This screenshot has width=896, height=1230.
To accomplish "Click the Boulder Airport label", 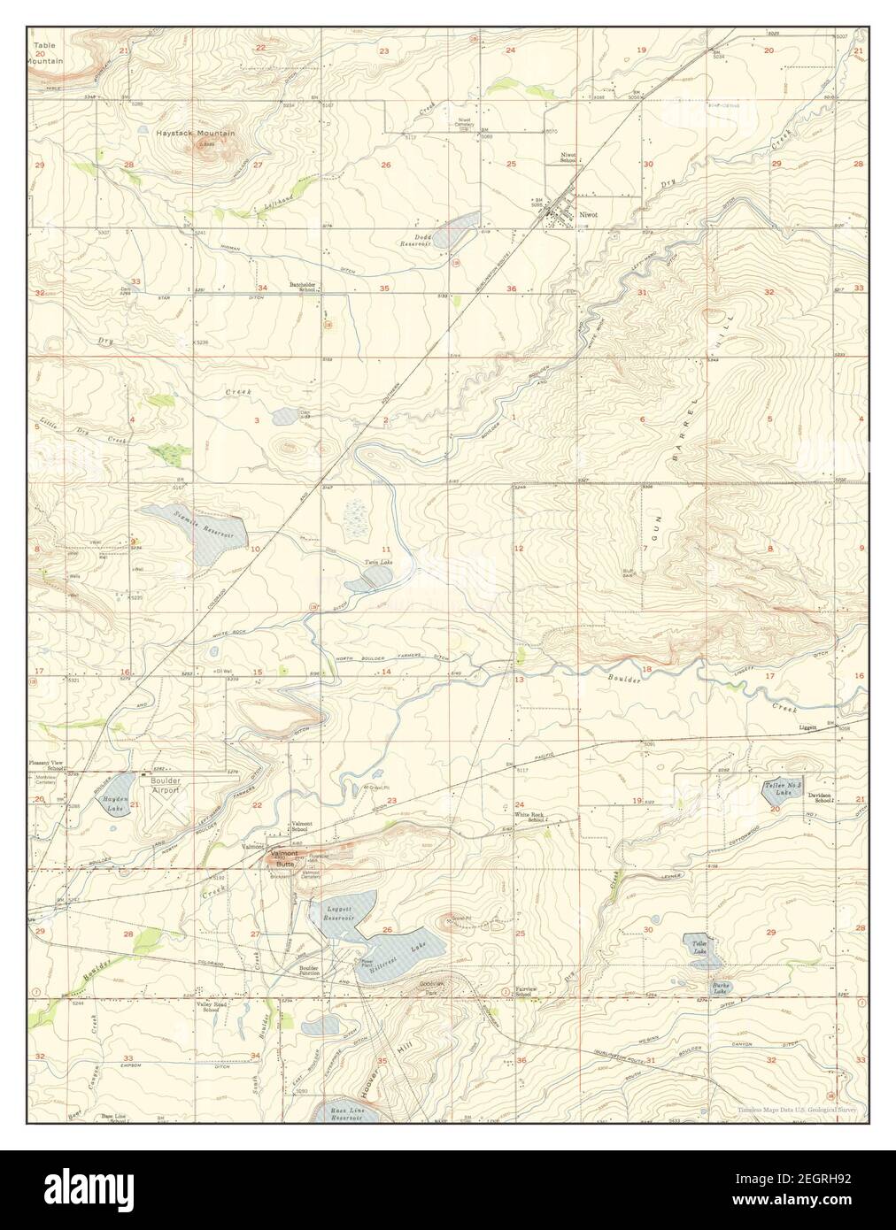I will (165, 785).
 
